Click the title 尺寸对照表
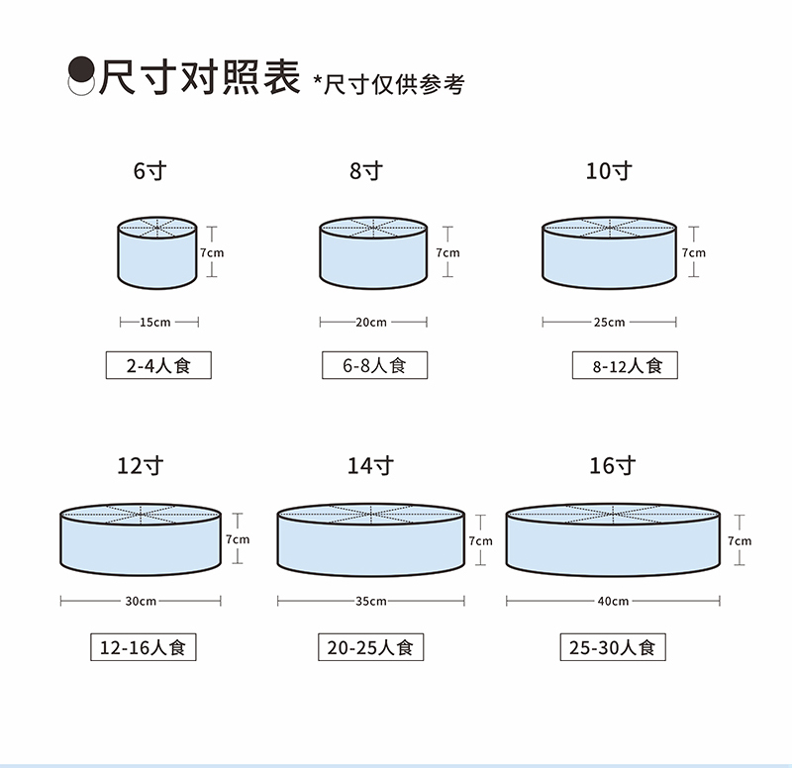[x=198, y=76]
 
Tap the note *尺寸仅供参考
[x=388, y=84]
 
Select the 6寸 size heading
[x=149, y=171]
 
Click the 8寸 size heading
[x=365, y=171]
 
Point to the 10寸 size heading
[x=608, y=171]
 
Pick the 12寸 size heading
[x=140, y=465]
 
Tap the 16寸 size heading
[x=612, y=465]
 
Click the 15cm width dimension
[x=158, y=322]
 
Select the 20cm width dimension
[x=372, y=322]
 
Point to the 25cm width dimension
[x=609, y=322]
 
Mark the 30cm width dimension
[x=141, y=601]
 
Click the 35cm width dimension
[x=370, y=601]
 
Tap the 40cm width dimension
[x=613, y=601]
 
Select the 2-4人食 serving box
[x=158, y=365]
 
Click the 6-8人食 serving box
[x=374, y=365]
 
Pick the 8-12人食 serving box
[x=624, y=365]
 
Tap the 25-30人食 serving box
[x=612, y=647]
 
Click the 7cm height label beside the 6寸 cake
[x=212, y=253]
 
